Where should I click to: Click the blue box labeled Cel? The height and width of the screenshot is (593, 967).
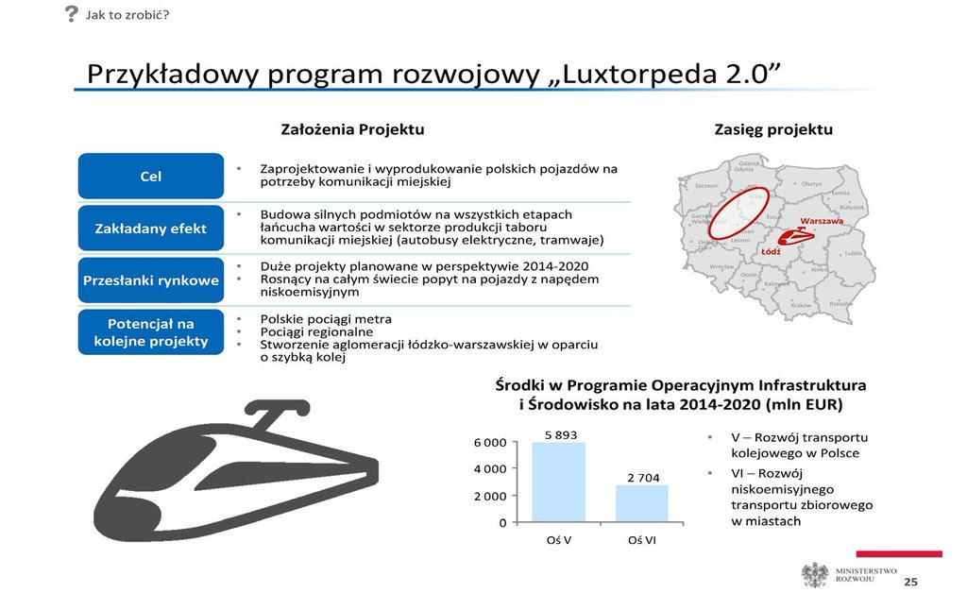pyautogui.click(x=150, y=177)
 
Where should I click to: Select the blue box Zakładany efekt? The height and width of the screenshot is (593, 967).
pyautogui.click(x=150, y=229)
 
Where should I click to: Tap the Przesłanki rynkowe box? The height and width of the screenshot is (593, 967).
pyautogui.click(x=150, y=280)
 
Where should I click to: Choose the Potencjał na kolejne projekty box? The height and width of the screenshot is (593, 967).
pyautogui.click(x=150, y=332)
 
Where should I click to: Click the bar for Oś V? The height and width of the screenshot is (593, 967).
pyautogui.click(x=558, y=482)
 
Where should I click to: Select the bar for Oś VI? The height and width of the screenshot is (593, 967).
pyautogui.click(x=641, y=502)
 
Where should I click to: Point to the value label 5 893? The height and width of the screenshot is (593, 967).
pyautogui.click(x=560, y=434)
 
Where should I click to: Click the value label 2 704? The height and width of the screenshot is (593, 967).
pyautogui.click(x=642, y=478)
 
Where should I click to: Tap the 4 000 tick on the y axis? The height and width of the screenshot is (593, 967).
pyautogui.click(x=489, y=468)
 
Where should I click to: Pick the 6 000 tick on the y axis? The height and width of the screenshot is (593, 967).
pyautogui.click(x=489, y=442)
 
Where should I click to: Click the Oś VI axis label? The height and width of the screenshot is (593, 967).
pyautogui.click(x=642, y=540)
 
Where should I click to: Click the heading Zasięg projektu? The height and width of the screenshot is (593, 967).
pyautogui.click(x=773, y=129)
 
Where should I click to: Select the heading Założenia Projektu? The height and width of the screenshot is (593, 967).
pyautogui.click(x=352, y=129)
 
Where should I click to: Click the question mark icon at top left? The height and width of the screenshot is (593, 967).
pyautogui.click(x=71, y=13)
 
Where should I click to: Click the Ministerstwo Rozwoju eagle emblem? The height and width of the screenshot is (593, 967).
pyautogui.click(x=814, y=574)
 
